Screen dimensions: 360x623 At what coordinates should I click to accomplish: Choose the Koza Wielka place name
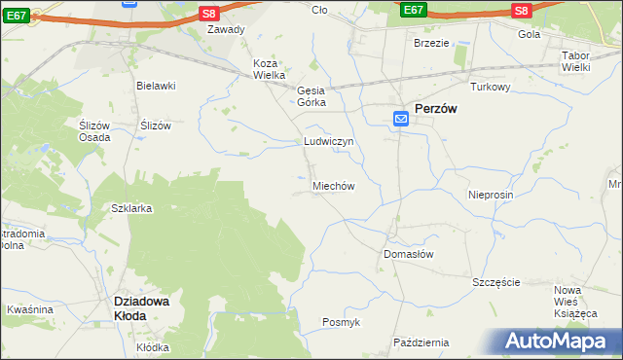click(x=269, y=69)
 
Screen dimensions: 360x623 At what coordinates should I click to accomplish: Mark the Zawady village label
click(x=226, y=29)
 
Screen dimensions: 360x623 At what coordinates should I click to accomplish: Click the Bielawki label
click(x=156, y=86)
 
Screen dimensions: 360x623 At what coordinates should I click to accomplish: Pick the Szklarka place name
click(x=131, y=209)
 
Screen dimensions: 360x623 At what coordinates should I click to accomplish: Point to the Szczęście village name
click(x=496, y=282)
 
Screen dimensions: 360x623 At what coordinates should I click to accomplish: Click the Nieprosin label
click(x=490, y=195)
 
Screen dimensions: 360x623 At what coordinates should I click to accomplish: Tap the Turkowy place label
click(x=491, y=87)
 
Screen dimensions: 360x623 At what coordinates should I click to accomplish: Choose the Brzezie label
click(x=431, y=43)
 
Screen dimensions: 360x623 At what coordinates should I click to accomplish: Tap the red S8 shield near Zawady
click(x=208, y=13)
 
